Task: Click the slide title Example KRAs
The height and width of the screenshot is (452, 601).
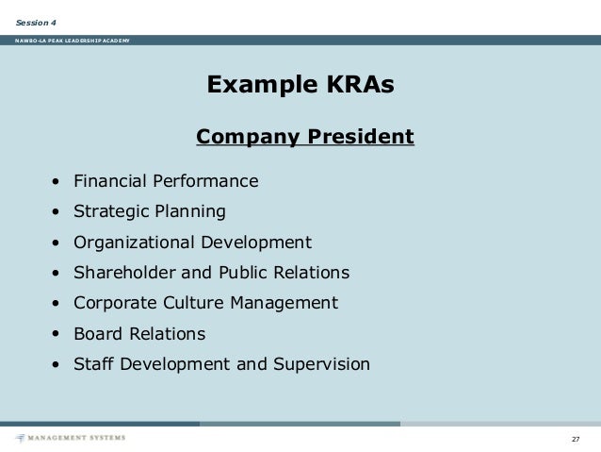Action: click(300, 87)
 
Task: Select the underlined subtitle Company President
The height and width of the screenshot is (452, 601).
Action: click(304, 138)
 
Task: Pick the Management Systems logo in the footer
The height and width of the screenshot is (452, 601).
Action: click(71, 438)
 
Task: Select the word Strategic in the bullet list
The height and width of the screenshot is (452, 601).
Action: click(108, 210)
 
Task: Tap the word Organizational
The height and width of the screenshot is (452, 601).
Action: click(130, 242)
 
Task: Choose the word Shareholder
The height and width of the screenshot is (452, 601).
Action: click(121, 273)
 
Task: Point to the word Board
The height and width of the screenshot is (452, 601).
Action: click(98, 334)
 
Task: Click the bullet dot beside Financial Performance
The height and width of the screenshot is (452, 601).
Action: click(57, 181)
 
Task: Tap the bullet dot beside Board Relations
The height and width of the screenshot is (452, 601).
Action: click(57, 334)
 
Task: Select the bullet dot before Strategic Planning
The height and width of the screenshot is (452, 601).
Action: click(57, 211)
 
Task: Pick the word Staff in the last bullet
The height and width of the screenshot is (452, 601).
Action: click(94, 364)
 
